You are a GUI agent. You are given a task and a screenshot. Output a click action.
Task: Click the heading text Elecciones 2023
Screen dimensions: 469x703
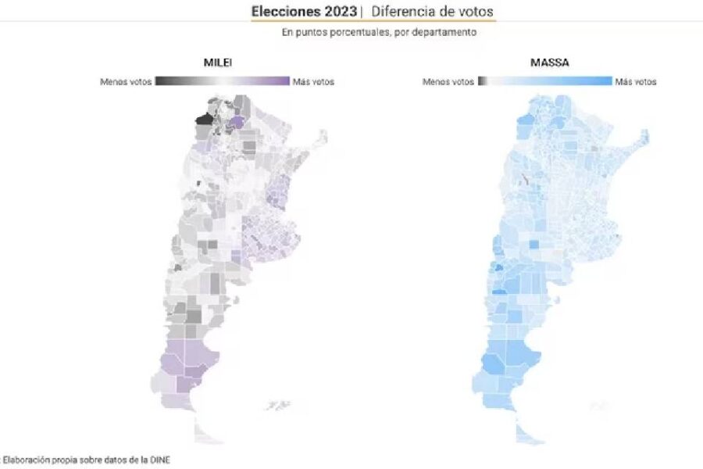[x=305, y=12]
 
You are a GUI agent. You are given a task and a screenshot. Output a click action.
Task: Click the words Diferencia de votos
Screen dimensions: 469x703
[x=432, y=12]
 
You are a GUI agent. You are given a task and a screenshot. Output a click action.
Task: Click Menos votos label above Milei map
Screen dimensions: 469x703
[x=126, y=81]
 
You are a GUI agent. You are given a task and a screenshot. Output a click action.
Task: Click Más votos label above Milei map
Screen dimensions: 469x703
[x=313, y=81]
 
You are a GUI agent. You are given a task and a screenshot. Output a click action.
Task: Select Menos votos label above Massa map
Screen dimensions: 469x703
[x=448, y=81]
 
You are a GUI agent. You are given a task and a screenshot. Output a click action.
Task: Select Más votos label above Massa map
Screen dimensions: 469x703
[x=636, y=81]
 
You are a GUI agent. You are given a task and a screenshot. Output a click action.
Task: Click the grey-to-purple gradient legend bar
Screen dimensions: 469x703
[x=222, y=81]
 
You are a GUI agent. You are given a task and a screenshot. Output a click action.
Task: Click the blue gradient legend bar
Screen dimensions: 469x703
[x=544, y=81]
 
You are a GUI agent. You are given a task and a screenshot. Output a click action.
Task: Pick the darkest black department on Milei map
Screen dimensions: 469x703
[x=204, y=119]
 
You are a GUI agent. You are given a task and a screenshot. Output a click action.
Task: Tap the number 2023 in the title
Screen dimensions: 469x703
[x=341, y=12]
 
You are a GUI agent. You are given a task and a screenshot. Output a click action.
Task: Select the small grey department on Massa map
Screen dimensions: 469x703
[x=526, y=179]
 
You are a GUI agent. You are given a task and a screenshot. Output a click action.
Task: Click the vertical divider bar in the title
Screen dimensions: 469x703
[x=362, y=12]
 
